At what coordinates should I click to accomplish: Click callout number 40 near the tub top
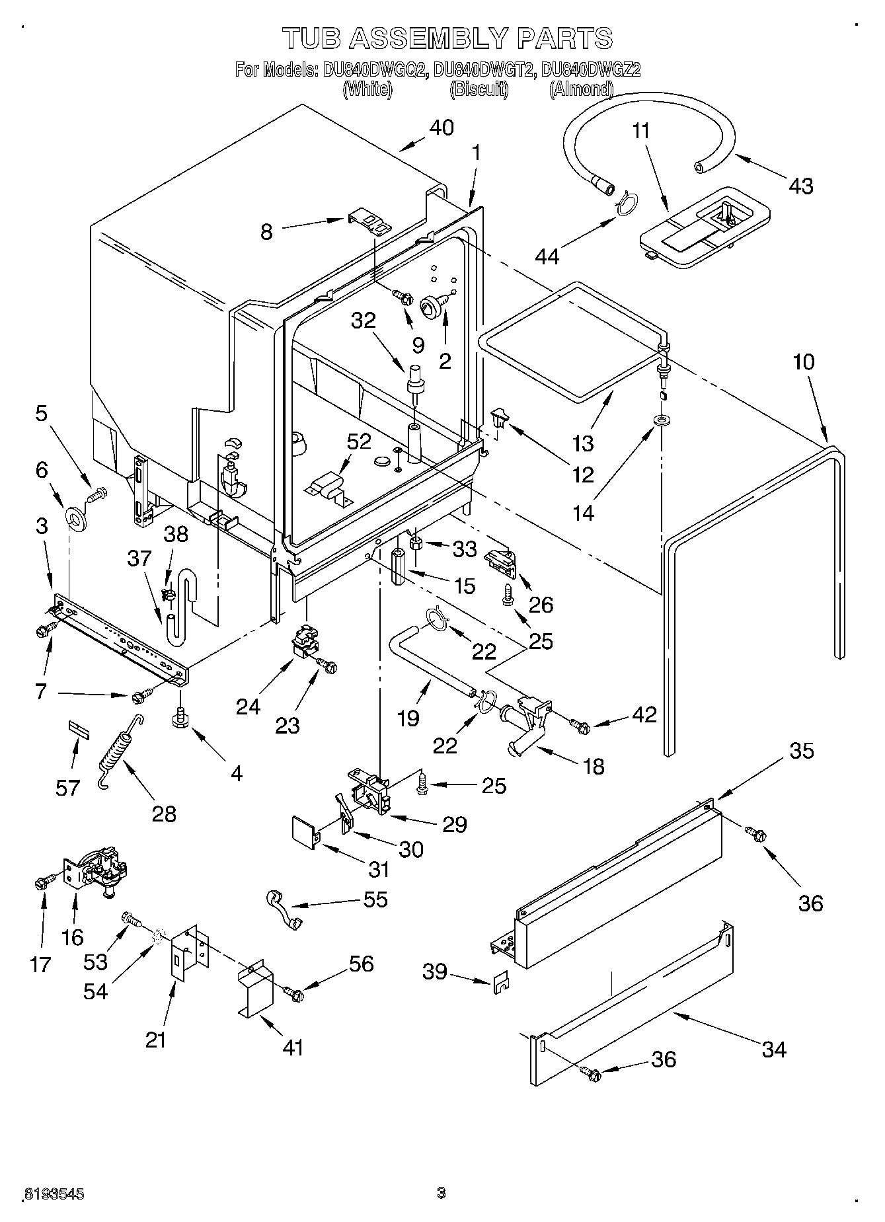coord(441,128)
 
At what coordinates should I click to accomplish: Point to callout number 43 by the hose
coord(800,186)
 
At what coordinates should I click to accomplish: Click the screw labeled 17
coord(41,882)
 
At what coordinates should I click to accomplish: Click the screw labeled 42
coord(581,726)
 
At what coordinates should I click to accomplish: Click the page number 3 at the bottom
coord(441,1194)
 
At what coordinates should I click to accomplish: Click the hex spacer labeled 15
coord(398,568)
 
